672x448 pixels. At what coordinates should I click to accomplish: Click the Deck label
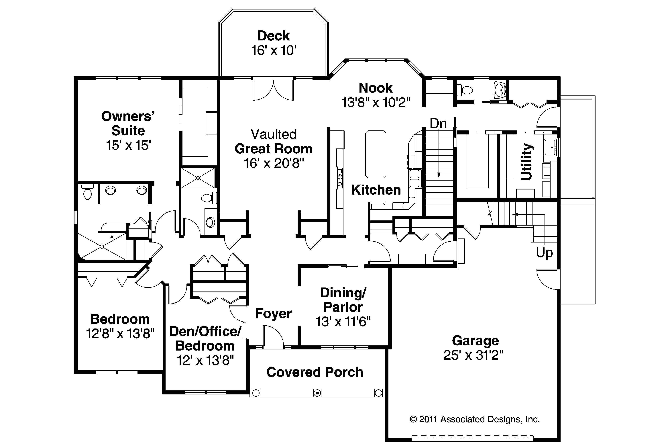(x=273, y=36)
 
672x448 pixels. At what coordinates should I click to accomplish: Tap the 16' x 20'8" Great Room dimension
(x=274, y=163)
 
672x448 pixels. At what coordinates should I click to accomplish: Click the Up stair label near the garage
(x=544, y=253)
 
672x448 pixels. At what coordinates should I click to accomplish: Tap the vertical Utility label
(x=527, y=162)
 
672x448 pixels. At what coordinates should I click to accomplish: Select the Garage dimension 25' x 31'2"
(x=473, y=355)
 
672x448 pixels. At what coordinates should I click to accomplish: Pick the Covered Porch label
(x=315, y=372)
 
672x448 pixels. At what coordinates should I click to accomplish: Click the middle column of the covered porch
(x=317, y=393)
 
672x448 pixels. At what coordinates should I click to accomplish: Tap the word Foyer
(x=273, y=313)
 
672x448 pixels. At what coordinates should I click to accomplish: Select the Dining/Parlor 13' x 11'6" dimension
(x=343, y=322)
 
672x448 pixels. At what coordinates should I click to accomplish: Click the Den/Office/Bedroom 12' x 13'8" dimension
(x=205, y=360)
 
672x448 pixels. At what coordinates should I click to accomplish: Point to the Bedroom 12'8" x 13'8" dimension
(x=120, y=333)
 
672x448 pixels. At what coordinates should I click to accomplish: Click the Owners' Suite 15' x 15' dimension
(x=128, y=145)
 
